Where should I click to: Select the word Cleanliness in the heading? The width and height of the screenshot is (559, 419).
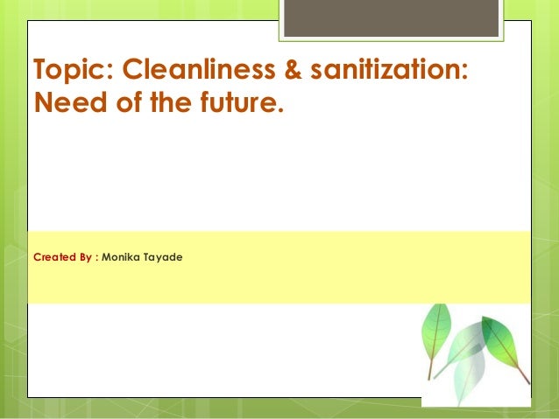point(199,68)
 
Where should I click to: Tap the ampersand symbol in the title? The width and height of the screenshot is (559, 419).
point(293,69)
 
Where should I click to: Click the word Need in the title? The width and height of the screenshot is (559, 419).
point(70,102)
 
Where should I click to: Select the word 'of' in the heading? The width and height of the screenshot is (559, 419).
point(130,102)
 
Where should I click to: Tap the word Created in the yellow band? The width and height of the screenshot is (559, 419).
point(55,257)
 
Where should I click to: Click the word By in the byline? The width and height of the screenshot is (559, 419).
point(86,257)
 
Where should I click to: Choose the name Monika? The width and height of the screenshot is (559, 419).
point(121,257)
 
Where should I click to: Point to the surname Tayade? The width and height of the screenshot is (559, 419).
point(163,258)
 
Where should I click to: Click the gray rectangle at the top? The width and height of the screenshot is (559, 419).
point(391,18)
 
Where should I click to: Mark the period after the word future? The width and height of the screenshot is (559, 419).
point(280,110)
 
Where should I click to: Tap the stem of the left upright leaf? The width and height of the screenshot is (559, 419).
point(430,369)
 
